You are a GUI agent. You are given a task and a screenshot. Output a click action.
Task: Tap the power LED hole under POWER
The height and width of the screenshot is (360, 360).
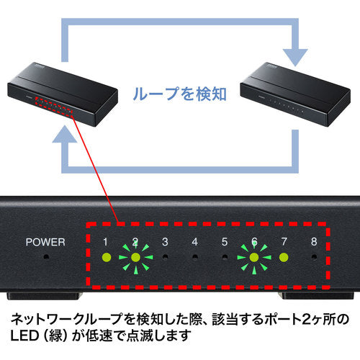(48, 256)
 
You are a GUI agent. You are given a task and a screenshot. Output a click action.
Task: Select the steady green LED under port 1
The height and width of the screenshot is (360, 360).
(106, 256)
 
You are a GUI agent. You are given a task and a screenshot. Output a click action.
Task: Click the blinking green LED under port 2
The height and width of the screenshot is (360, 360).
(135, 256)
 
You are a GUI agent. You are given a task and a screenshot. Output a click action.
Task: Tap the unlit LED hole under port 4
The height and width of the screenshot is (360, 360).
(194, 256)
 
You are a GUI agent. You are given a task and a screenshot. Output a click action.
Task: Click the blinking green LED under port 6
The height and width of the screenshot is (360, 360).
(253, 256)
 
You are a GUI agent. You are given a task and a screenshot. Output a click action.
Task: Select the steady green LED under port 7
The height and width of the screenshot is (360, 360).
(283, 256)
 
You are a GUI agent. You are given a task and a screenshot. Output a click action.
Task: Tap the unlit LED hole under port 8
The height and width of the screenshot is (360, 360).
(312, 256)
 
